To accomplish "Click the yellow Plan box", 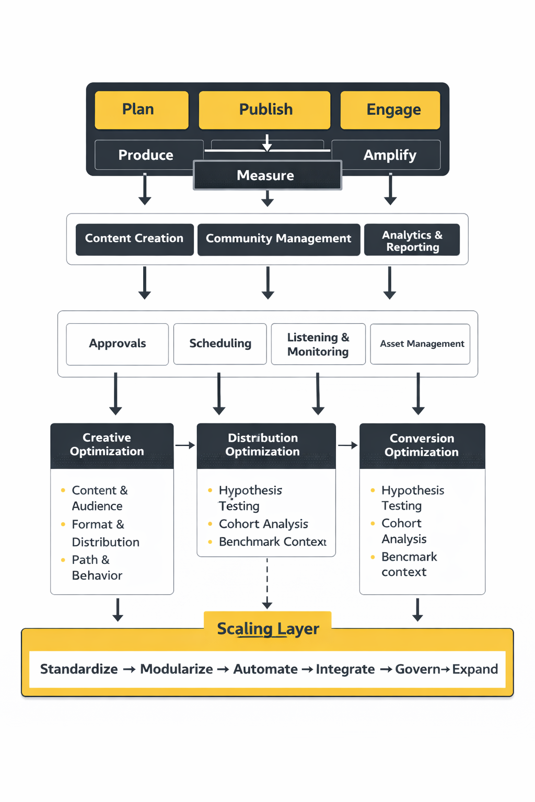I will tap(141, 110).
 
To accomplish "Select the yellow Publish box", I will tap(264, 110).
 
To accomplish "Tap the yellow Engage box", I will tap(390, 110).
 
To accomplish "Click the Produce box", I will tap(146, 155).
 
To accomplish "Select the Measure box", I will tap(267, 175).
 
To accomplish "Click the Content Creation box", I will tap(134, 239).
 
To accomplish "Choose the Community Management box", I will tap(278, 239).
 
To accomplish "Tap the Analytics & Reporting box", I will tap(412, 240).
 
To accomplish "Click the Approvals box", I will tap(117, 344).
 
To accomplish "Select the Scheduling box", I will tap(220, 344).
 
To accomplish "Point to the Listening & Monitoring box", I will tap(318, 344).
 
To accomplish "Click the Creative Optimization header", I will tap(112, 445).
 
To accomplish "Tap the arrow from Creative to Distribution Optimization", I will tap(185, 445).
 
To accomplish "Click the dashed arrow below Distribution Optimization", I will tap(267, 583).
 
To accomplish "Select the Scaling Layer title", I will tap(267, 629).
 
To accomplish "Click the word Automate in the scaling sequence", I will tap(265, 669).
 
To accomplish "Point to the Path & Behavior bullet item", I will tap(96, 568).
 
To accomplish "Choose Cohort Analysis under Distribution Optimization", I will tap(263, 524).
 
